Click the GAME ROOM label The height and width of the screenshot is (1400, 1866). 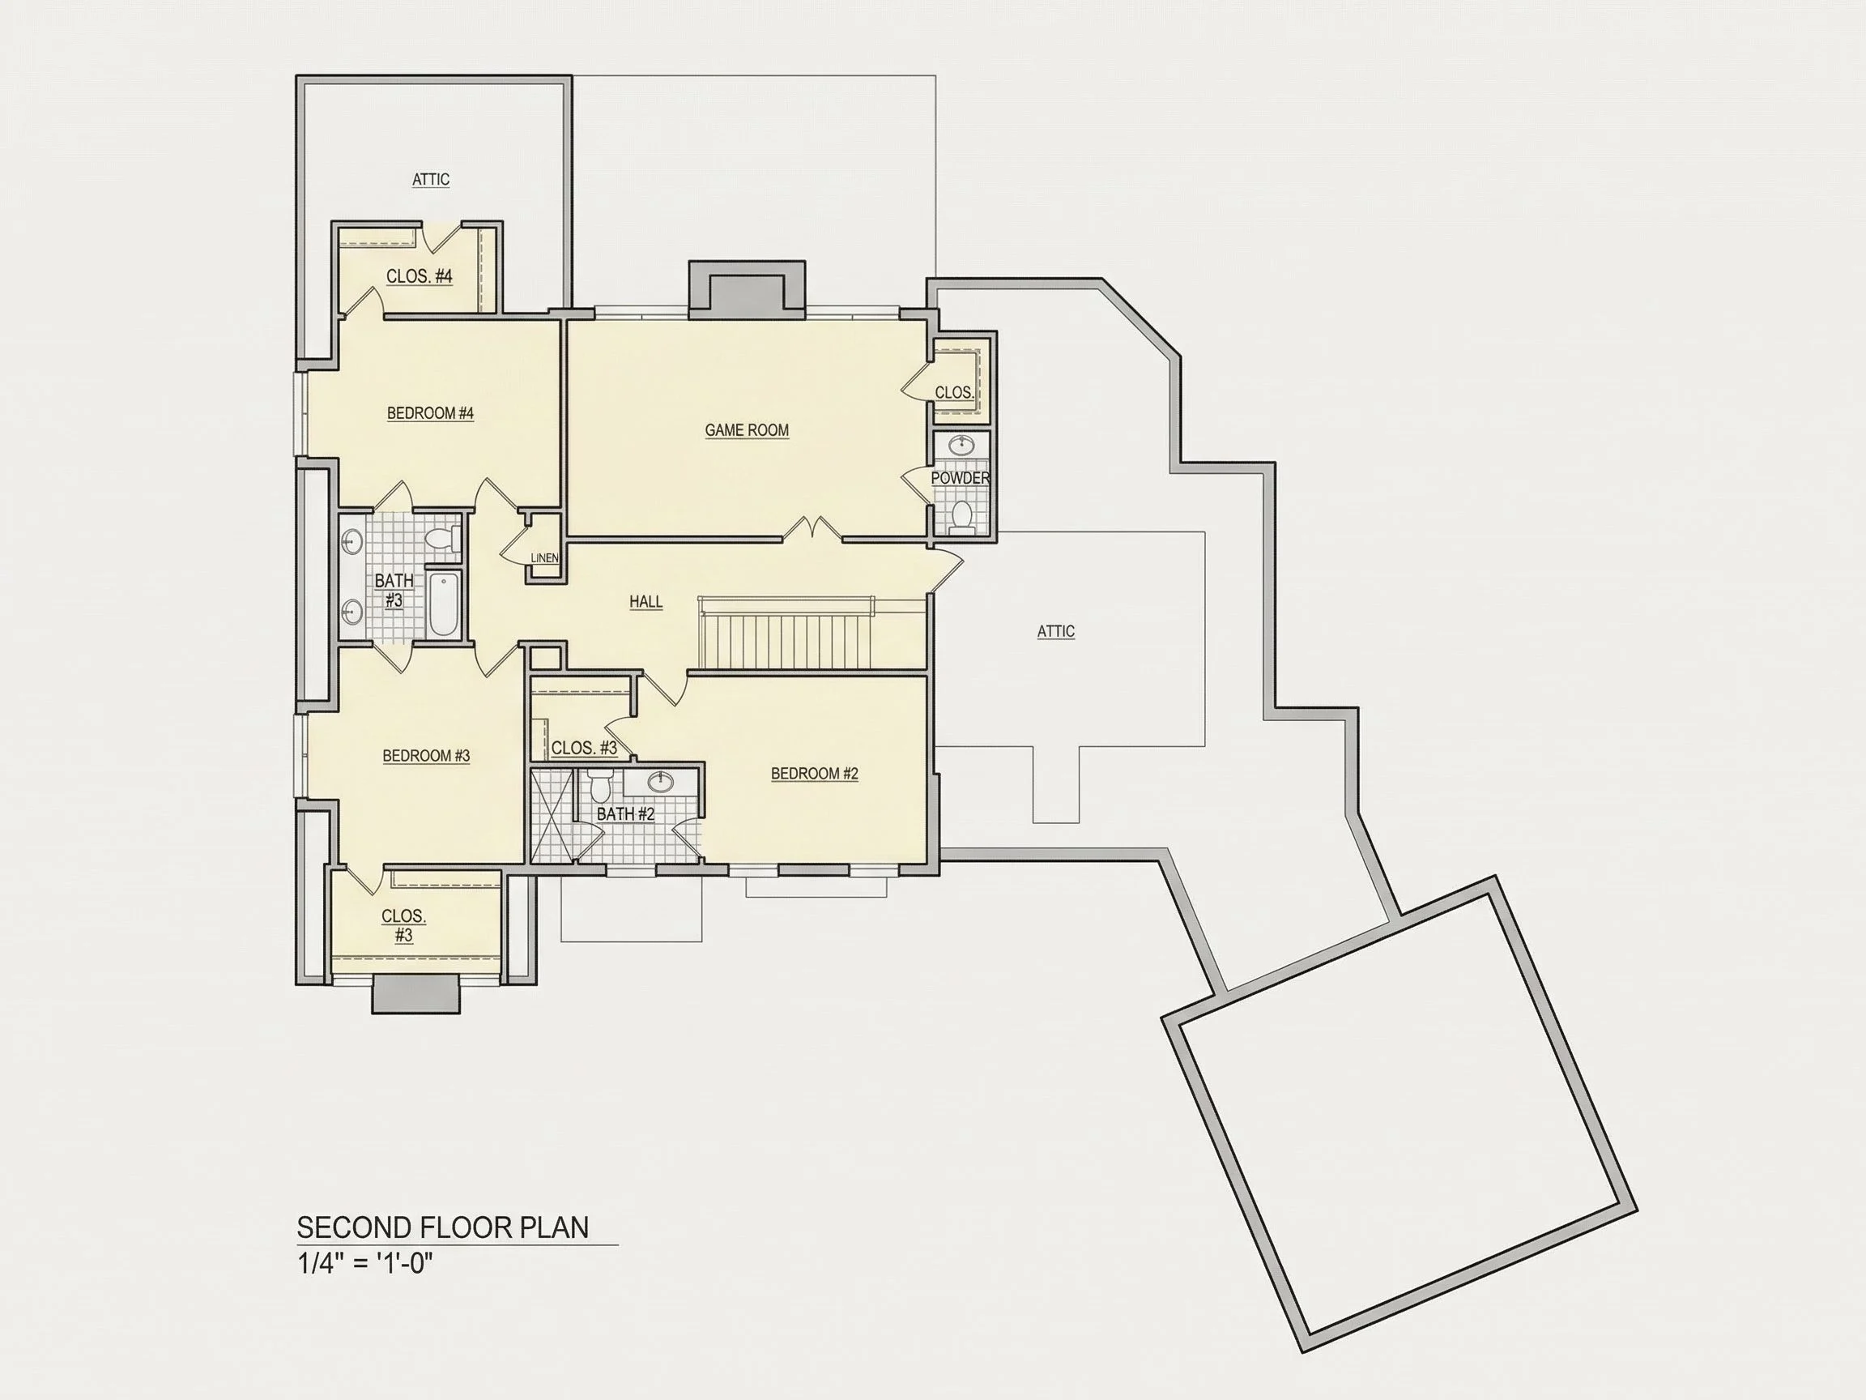747,430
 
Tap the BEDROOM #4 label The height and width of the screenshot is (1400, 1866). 430,413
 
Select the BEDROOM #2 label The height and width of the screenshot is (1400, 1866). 814,774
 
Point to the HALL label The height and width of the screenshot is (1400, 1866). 645,602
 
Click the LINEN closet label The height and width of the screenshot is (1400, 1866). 544,557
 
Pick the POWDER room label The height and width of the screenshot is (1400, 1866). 960,479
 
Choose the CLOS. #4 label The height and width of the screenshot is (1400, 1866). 420,277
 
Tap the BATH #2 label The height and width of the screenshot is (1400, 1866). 625,814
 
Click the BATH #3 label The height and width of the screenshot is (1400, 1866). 394,591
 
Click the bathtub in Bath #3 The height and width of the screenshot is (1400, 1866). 444,604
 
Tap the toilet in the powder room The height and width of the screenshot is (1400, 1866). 961,516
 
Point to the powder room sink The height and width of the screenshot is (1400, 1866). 961,444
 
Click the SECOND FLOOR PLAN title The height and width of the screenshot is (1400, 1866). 443,1228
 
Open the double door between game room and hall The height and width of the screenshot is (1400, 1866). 812,529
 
